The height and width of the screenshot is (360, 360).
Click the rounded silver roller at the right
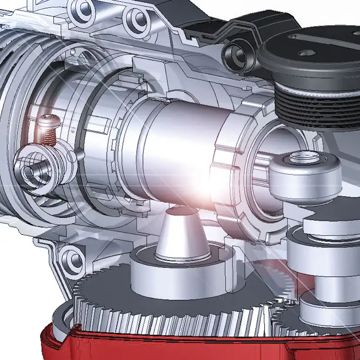[x=304, y=174]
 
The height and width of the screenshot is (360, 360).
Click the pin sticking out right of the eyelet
[x=81, y=153]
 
